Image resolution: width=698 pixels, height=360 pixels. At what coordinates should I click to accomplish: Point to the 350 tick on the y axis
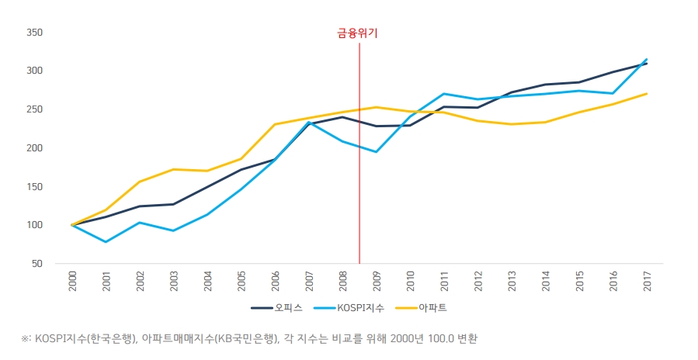pos(33,33)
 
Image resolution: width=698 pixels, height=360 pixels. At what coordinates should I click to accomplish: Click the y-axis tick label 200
pos(33,148)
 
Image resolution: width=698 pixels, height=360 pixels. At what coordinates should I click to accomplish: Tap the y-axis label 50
pos(36,264)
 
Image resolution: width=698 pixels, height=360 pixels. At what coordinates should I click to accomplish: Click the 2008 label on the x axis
pos(343,281)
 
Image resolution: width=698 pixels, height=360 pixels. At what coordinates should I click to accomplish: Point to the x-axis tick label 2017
pos(648,281)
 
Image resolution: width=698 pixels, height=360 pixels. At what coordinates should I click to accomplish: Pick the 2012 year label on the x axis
pos(478,281)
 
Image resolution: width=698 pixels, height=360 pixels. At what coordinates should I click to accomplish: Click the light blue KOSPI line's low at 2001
pos(106,242)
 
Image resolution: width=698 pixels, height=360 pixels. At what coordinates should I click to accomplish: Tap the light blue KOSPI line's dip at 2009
pos(377,151)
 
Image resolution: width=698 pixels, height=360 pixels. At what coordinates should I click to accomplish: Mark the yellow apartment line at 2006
pos(276,124)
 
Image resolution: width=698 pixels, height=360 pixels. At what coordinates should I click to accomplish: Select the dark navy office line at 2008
pos(343,117)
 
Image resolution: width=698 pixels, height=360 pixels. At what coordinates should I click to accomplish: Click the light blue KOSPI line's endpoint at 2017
pos(648,58)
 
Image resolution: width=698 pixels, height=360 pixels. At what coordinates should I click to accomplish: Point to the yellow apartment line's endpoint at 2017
pos(648,94)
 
